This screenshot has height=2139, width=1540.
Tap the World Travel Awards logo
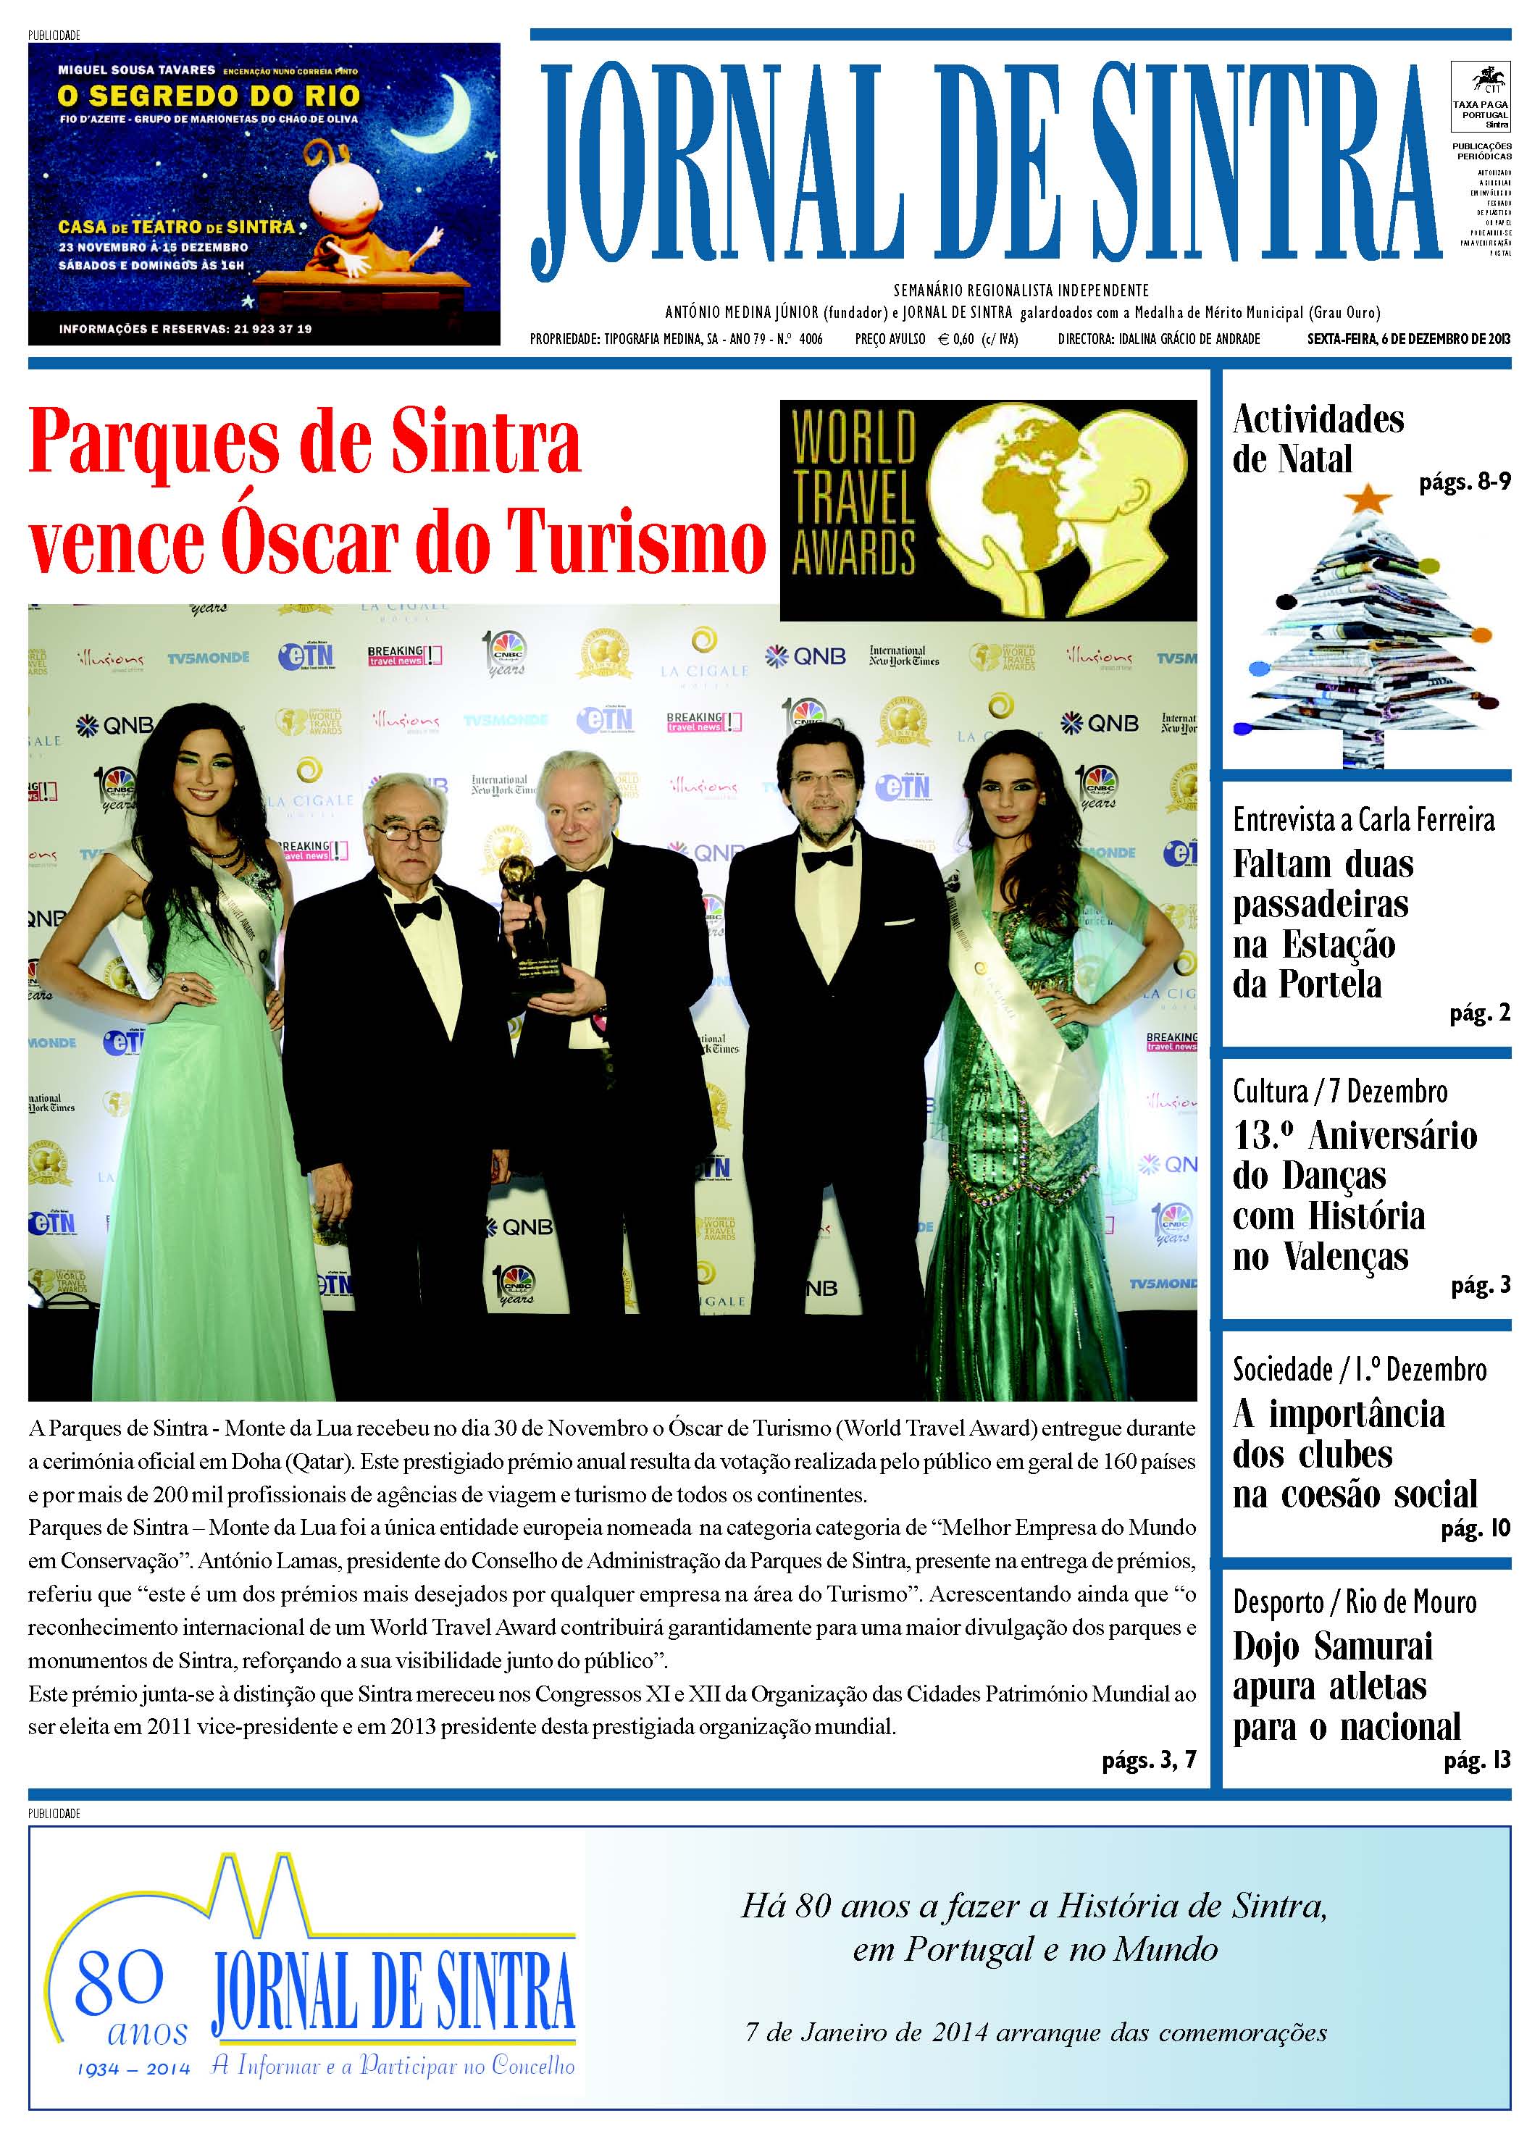(x=987, y=509)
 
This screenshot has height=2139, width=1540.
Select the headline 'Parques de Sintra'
(x=305, y=443)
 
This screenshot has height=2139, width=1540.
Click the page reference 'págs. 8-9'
(x=1464, y=482)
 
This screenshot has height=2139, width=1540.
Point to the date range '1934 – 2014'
(x=133, y=2069)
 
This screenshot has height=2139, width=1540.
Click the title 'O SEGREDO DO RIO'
(x=209, y=96)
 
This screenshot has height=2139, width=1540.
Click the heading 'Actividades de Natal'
(x=1318, y=438)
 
